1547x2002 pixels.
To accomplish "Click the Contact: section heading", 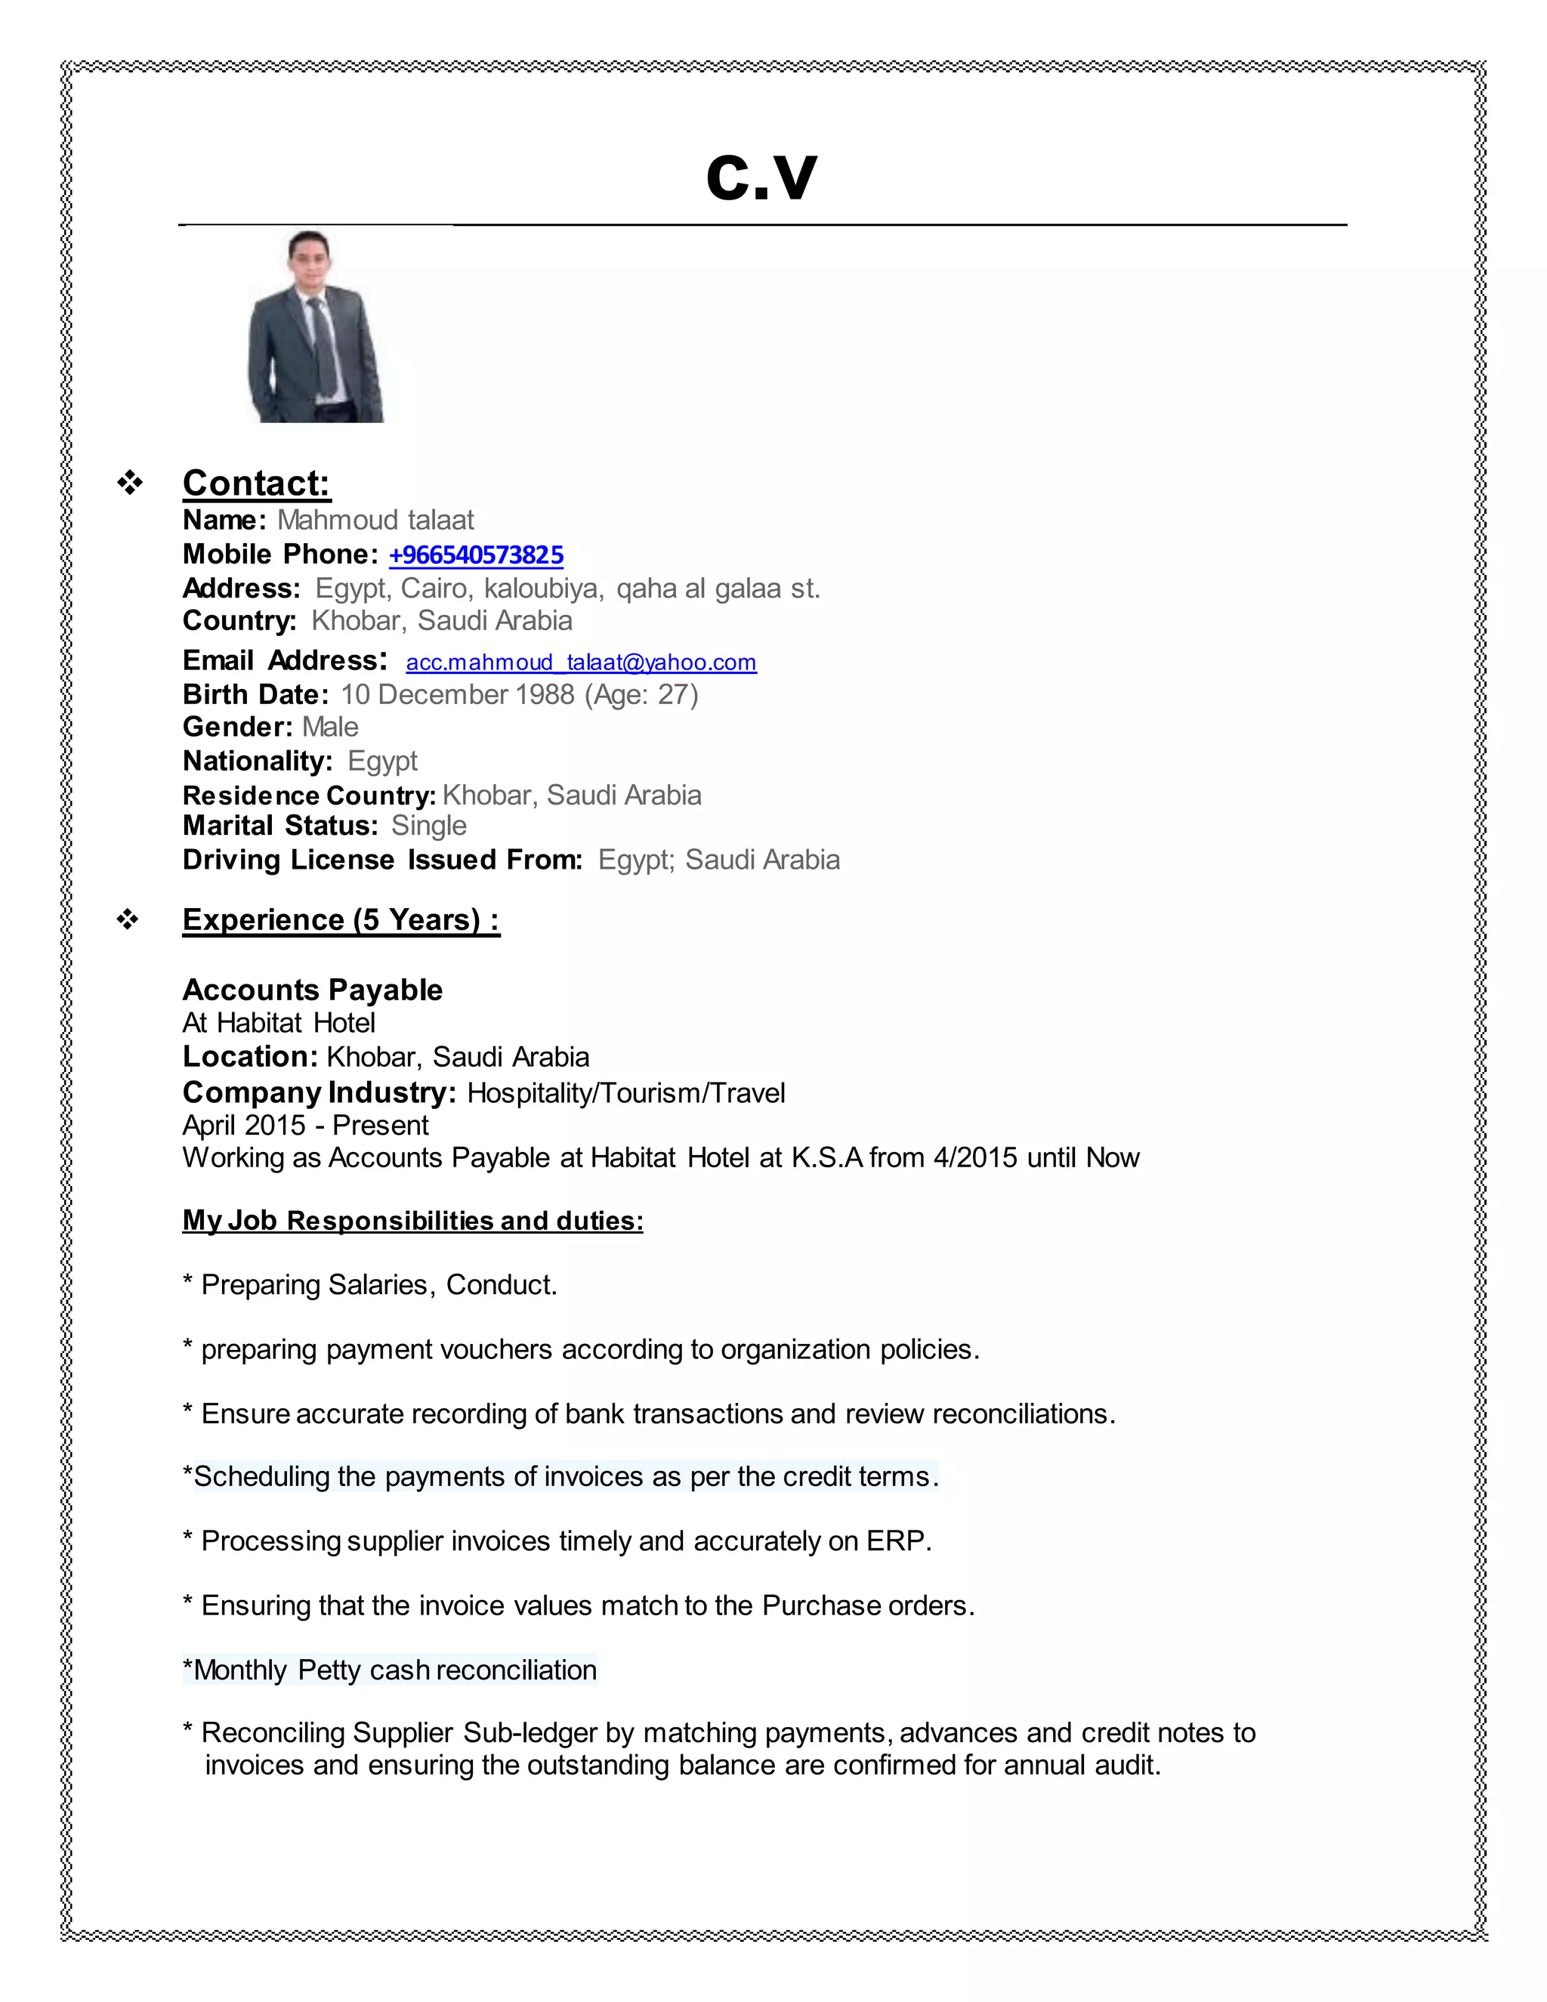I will (x=256, y=483).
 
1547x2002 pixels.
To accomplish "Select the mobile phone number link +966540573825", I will (x=476, y=555).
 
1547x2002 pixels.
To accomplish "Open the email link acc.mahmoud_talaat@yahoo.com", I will (x=581, y=662).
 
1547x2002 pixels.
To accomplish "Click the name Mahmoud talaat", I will (x=375, y=520).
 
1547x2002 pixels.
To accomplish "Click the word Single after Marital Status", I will (x=428, y=825).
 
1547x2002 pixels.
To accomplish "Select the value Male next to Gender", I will (x=330, y=727).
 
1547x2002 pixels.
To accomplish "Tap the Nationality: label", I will (x=257, y=761).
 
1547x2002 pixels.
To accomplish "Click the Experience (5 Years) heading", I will (x=341, y=919).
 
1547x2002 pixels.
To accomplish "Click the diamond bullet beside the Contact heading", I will (x=129, y=483).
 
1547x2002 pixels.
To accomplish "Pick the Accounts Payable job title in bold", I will (x=313, y=990).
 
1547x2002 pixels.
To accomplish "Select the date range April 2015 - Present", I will (x=305, y=1125).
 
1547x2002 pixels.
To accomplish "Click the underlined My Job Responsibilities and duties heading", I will (x=412, y=1221).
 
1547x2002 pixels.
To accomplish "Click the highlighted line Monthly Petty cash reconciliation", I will (x=391, y=1670).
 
